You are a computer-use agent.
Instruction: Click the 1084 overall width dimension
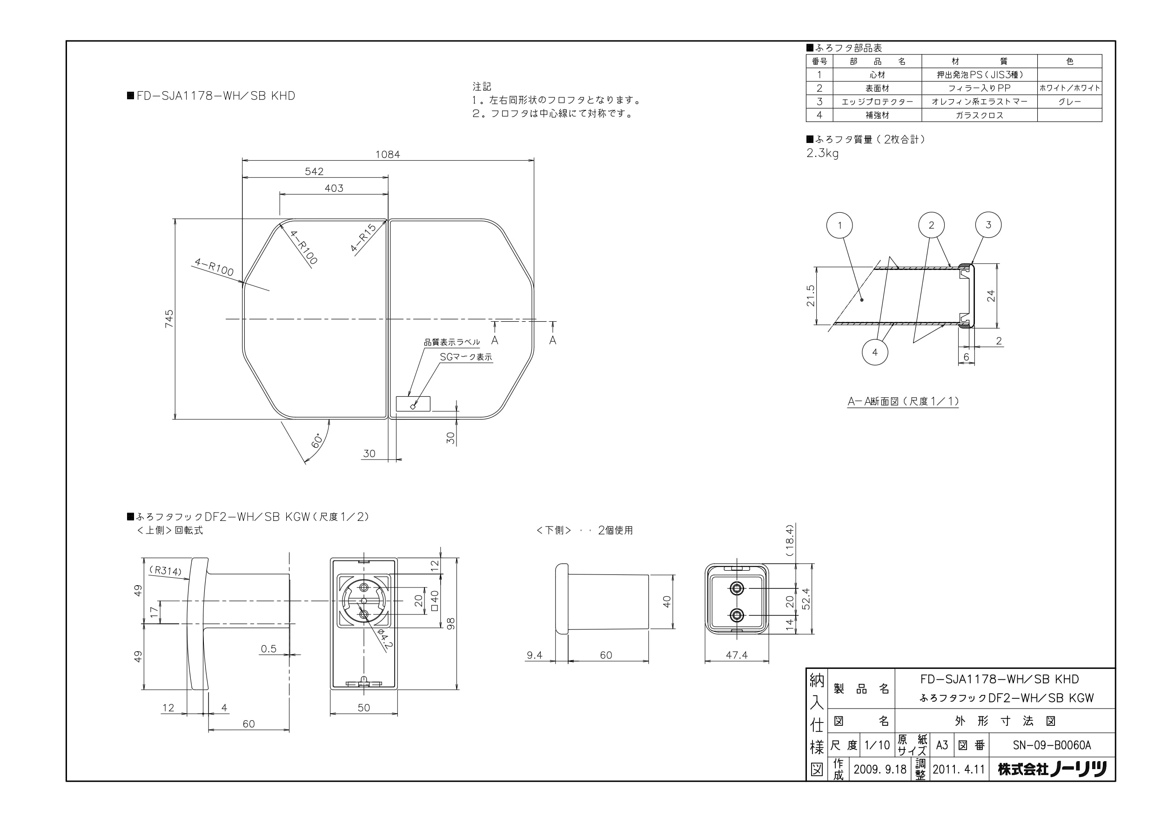click(387, 155)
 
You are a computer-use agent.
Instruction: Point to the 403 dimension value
click(334, 188)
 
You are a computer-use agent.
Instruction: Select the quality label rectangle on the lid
click(413, 404)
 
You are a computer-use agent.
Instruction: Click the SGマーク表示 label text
click(466, 357)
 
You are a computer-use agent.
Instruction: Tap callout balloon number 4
click(874, 352)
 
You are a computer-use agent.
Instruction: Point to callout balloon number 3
click(988, 225)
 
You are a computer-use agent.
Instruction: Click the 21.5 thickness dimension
click(810, 296)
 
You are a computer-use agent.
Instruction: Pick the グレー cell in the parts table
click(1069, 101)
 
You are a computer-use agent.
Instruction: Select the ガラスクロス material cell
click(979, 115)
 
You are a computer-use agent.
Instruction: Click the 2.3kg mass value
click(822, 153)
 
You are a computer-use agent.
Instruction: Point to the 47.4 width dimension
click(737, 655)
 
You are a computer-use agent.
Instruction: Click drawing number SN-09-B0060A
click(1052, 745)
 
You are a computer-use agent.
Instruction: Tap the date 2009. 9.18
click(880, 769)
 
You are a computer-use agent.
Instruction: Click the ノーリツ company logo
click(1052, 769)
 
